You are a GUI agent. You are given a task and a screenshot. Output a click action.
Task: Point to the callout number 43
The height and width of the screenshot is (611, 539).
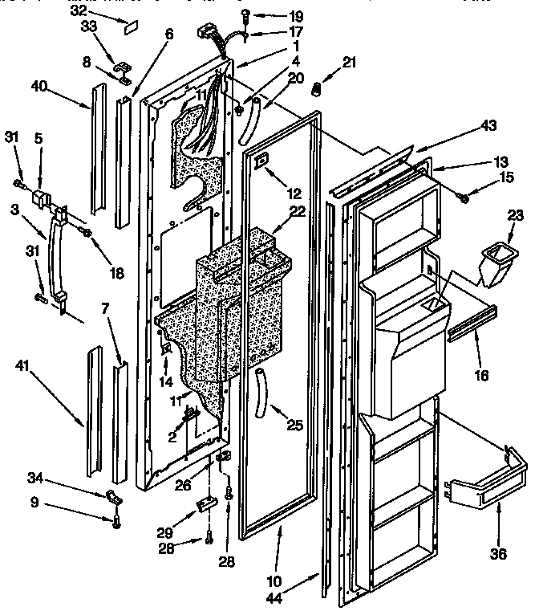[x=488, y=125]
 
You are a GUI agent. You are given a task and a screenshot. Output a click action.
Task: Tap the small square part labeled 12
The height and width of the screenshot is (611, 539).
[x=260, y=161]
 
